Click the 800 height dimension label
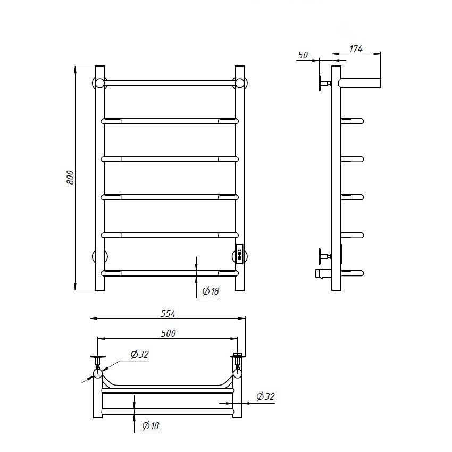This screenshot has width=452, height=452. pyautogui.click(x=70, y=178)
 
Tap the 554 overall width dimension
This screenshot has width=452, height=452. pyautogui.click(x=168, y=313)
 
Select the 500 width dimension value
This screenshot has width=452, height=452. pyautogui.click(x=168, y=333)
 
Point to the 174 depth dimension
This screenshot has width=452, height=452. pyautogui.click(x=356, y=49)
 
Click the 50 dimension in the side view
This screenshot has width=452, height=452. pyautogui.click(x=303, y=55)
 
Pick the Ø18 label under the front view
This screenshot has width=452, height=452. pyautogui.click(x=211, y=291)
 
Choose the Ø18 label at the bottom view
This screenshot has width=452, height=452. pyautogui.click(x=151, y=425)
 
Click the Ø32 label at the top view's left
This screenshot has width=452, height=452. pyautogui.click(x=139, y=354)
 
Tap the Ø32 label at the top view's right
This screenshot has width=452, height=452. pyautogui.click(x=265, y=396)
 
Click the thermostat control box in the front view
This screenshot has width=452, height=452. pyautogui.click(x=239, y=254)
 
